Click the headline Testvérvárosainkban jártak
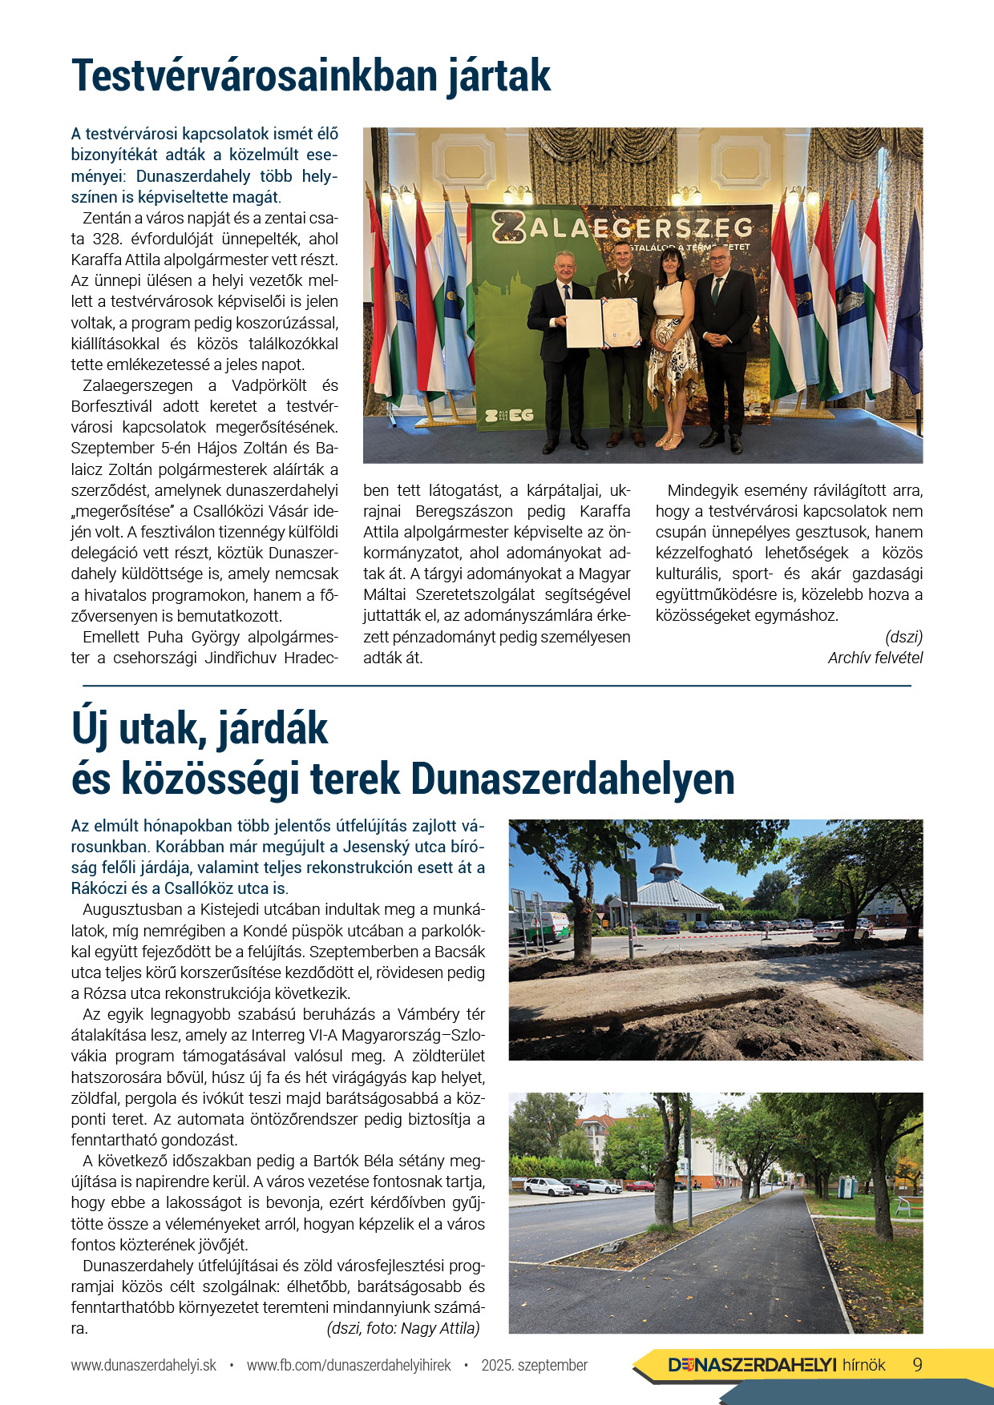(x=311, y=76)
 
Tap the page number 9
(x=918, y=1365)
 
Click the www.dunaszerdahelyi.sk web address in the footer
(x=143, y=1365)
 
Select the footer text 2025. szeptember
(x=535, y=1365)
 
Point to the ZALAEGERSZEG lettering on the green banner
(x=622, y=228)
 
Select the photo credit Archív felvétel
(x=875, y=658)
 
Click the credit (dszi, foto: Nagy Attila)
(x=403, y=1328)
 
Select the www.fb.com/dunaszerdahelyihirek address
(x=349, y=1365)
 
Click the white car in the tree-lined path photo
(x=547, y=1186)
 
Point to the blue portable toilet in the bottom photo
(x=846, y=1185)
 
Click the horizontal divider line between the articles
(x=497, y=686)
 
